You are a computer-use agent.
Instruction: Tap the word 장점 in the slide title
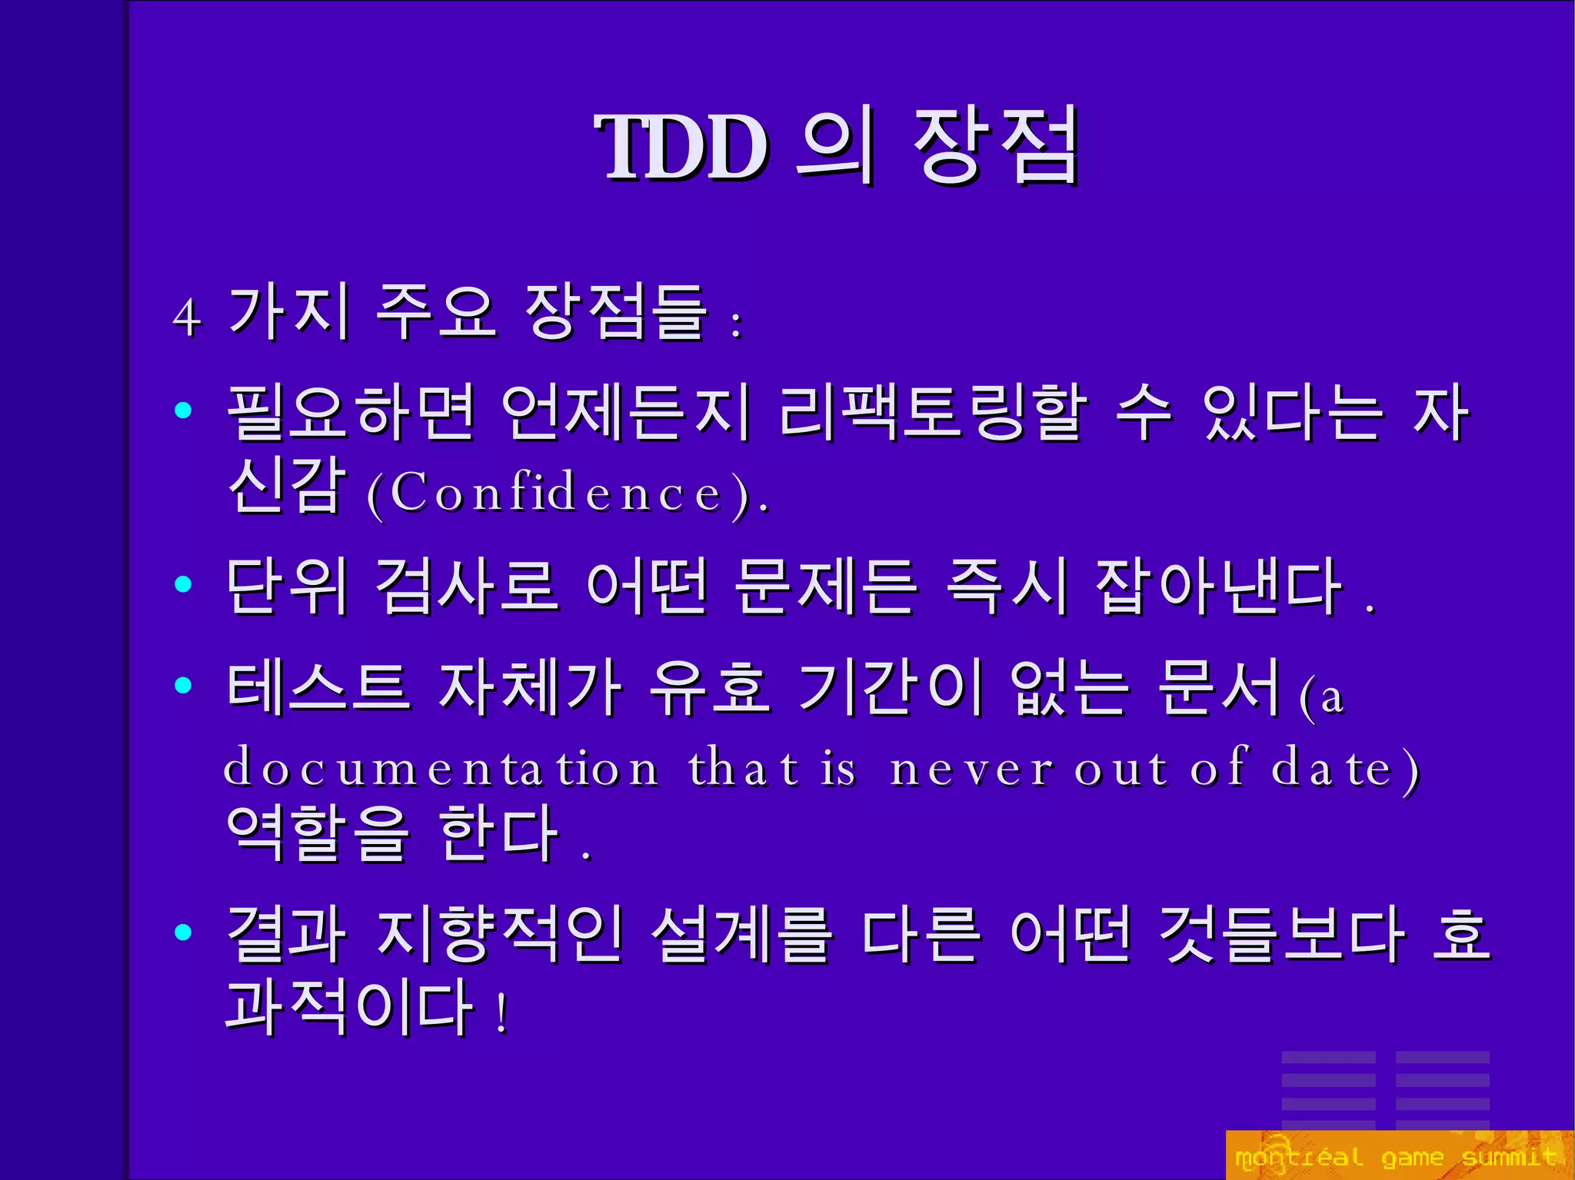point(996,146)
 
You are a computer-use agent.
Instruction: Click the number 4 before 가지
point(187,317)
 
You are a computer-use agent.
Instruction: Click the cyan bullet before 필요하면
point(183,411)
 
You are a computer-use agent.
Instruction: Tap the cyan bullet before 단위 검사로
point(183,584)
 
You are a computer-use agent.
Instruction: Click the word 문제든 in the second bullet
point(824,587)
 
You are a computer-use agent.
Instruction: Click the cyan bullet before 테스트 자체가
point(183,684)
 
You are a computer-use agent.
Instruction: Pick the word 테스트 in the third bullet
point(317,686)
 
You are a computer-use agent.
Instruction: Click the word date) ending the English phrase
point(1344,768)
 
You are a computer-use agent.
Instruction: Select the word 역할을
point(317,833)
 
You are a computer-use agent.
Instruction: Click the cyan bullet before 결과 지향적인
point(183,932)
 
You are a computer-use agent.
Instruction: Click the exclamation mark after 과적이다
point(502,1013)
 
